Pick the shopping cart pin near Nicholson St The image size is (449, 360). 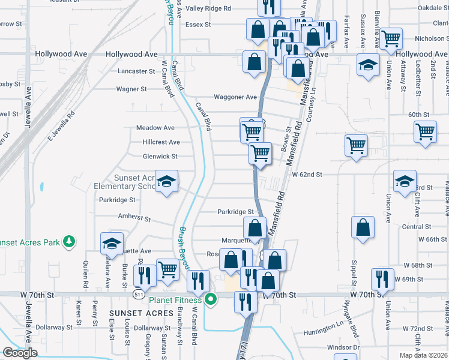(391, 40)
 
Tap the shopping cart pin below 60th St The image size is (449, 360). (425, 131)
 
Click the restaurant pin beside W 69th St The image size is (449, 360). (381, 279)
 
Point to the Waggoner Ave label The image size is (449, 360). (235, 97)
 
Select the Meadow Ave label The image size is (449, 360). (155, 128)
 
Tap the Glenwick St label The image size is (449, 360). (160, 157)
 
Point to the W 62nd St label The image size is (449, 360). (307, 175)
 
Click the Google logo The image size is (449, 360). (20, 353)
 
